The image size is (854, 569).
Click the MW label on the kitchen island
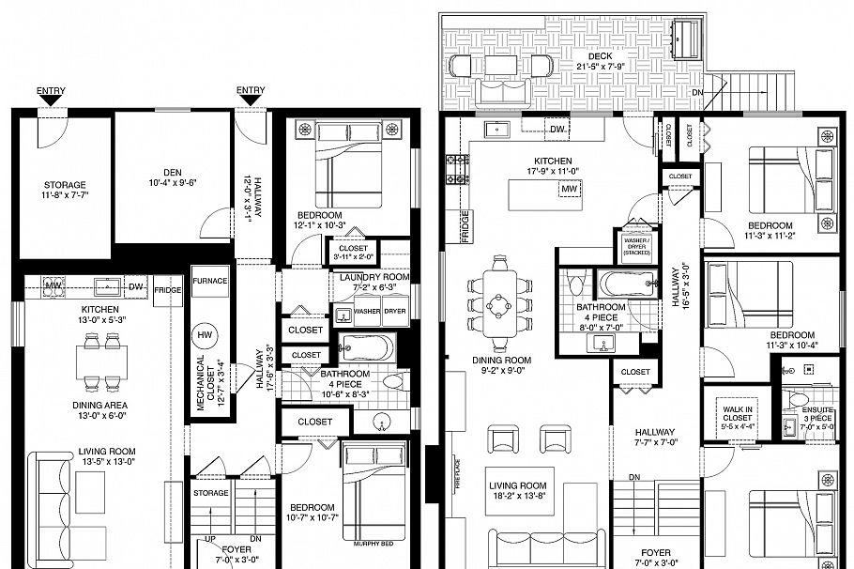[568, 190]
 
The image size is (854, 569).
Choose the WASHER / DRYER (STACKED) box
[635, 247]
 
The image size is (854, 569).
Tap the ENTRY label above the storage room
[52, 91]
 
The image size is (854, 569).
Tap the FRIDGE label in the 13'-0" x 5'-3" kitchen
[168, 290]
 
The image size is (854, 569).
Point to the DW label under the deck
[557, 129]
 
